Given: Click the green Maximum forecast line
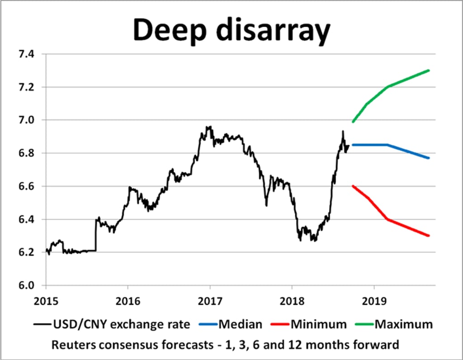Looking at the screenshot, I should (388, 86).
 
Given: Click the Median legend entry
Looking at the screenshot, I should (240, 324).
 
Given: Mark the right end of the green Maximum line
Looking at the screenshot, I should (428, 71).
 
